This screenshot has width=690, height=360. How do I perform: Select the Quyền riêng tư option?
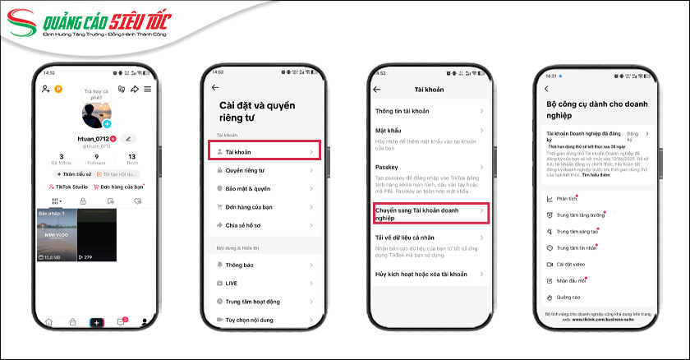pos(247,170)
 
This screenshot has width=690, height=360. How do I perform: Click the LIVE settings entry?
pos(233,283)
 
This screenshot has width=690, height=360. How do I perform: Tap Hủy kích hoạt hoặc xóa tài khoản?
pos(421,273)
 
